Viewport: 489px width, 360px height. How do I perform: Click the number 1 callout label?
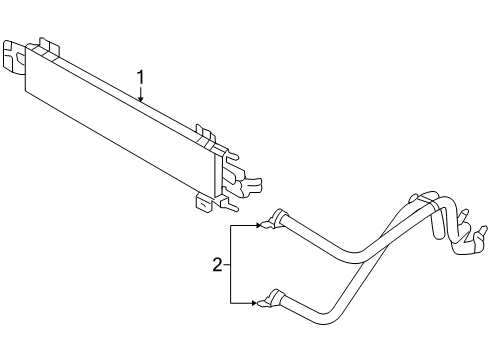141,77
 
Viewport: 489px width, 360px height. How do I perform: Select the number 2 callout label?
216,265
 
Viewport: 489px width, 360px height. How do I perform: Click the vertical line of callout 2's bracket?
231,264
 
